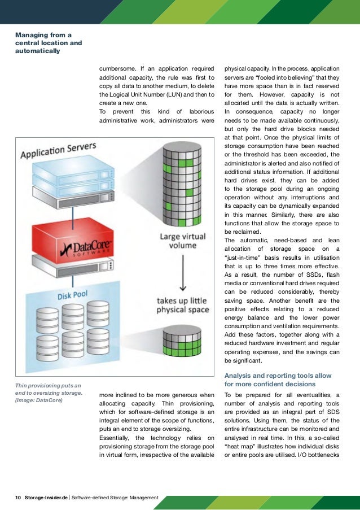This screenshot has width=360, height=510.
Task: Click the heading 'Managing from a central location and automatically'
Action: [x=49, y=42]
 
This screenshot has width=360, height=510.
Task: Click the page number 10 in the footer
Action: [x=18, y=498]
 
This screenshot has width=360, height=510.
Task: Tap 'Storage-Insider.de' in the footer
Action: [x=46, y=498]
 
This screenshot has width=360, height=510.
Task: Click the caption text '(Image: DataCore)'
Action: [x=39, y=401]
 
